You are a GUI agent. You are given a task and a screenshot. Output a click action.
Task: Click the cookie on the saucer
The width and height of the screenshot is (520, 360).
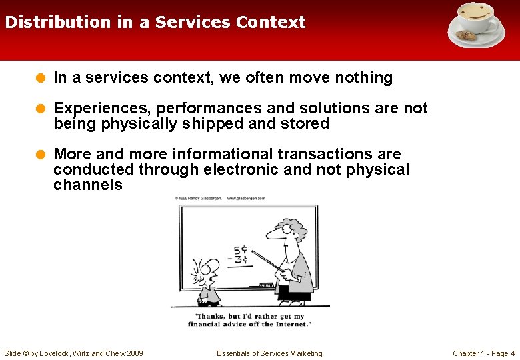[465, 35]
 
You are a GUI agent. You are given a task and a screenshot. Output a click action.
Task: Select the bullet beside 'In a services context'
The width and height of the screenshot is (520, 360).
[41, 78]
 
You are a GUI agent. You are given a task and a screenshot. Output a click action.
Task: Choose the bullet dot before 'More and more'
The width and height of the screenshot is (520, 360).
[41, 155]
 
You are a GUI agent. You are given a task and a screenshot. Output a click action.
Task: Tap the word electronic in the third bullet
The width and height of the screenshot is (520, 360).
[241, 169]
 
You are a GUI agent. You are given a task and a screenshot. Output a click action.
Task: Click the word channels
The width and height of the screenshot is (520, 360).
[88, 185]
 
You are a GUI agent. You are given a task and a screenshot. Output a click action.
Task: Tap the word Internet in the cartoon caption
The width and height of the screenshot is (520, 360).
[291, 324]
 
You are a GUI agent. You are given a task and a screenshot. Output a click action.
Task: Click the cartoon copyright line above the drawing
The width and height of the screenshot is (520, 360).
[220, 198]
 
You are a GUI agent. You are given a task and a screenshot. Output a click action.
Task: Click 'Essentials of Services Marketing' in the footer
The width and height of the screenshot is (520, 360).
[269, 353]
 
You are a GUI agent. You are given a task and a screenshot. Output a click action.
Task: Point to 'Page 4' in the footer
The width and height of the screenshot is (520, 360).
[501, 353]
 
